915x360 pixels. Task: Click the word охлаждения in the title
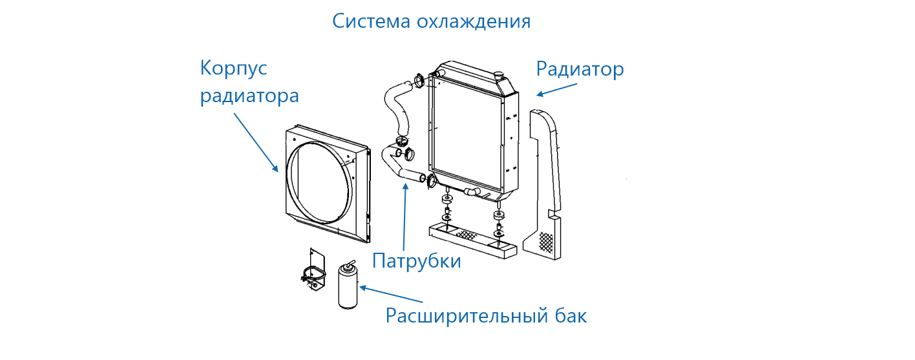pos(474,21)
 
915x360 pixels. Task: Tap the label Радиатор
pos(580,69)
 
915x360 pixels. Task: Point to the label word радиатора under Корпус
pos(249,96)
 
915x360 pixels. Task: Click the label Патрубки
pos(417,261)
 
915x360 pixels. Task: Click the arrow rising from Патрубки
pos(405,217)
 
